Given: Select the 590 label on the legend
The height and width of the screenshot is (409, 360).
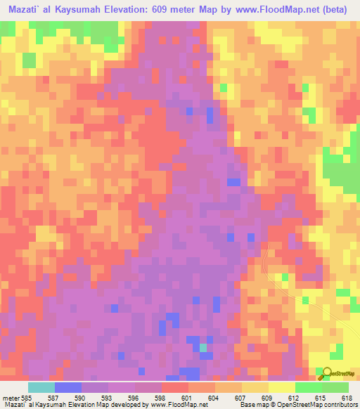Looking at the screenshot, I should [x=82, y=398].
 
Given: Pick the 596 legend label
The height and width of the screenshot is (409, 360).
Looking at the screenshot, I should [x=135, y=398].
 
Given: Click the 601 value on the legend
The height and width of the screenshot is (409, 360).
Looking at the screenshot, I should [x=188, y=398].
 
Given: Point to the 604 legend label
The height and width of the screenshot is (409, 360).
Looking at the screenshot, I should [x=214, y=398].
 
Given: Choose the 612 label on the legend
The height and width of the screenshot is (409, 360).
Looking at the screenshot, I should [x=295, y=398].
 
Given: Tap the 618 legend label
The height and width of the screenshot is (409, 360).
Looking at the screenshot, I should [x=347, y=398].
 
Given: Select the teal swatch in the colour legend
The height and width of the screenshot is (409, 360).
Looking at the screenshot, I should [x=41, y=387].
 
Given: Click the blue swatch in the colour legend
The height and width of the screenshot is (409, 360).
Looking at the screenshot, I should [x=68, y=387].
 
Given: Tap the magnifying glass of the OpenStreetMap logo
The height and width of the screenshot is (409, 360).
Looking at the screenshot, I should [x=325, y=372].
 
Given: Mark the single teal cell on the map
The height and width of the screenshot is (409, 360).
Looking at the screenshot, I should [x=202, y=347].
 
